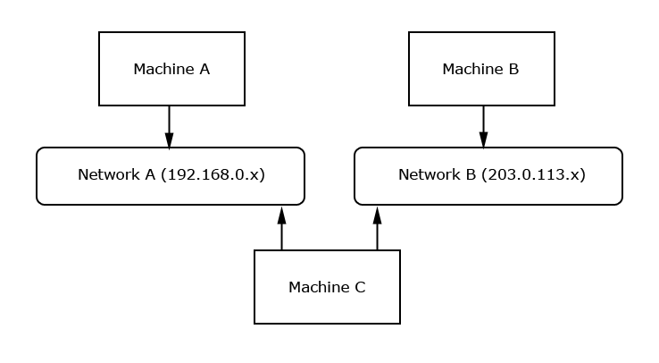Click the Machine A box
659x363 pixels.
tap(171, 69)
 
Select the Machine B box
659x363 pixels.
tap(481, 69)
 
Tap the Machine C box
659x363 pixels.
tap(327, 287)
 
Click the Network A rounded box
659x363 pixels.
tap(171, 175)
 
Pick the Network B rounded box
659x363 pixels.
tap(488, 175)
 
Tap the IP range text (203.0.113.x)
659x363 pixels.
tap(533, 175)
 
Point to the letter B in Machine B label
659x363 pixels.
tap(513, 70)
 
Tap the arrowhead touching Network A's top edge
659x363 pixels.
tap(169, 140)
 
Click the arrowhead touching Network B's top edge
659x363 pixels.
tap(483, 140)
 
